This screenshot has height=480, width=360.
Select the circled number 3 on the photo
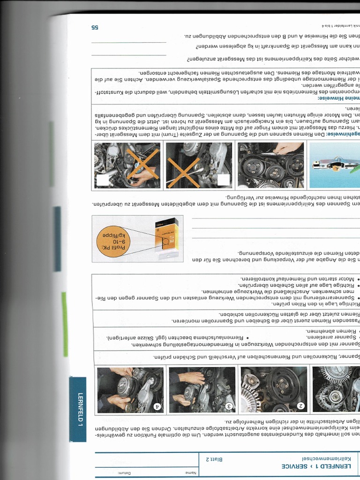[230, 406]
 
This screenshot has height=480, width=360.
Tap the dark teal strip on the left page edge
[57, 239]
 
